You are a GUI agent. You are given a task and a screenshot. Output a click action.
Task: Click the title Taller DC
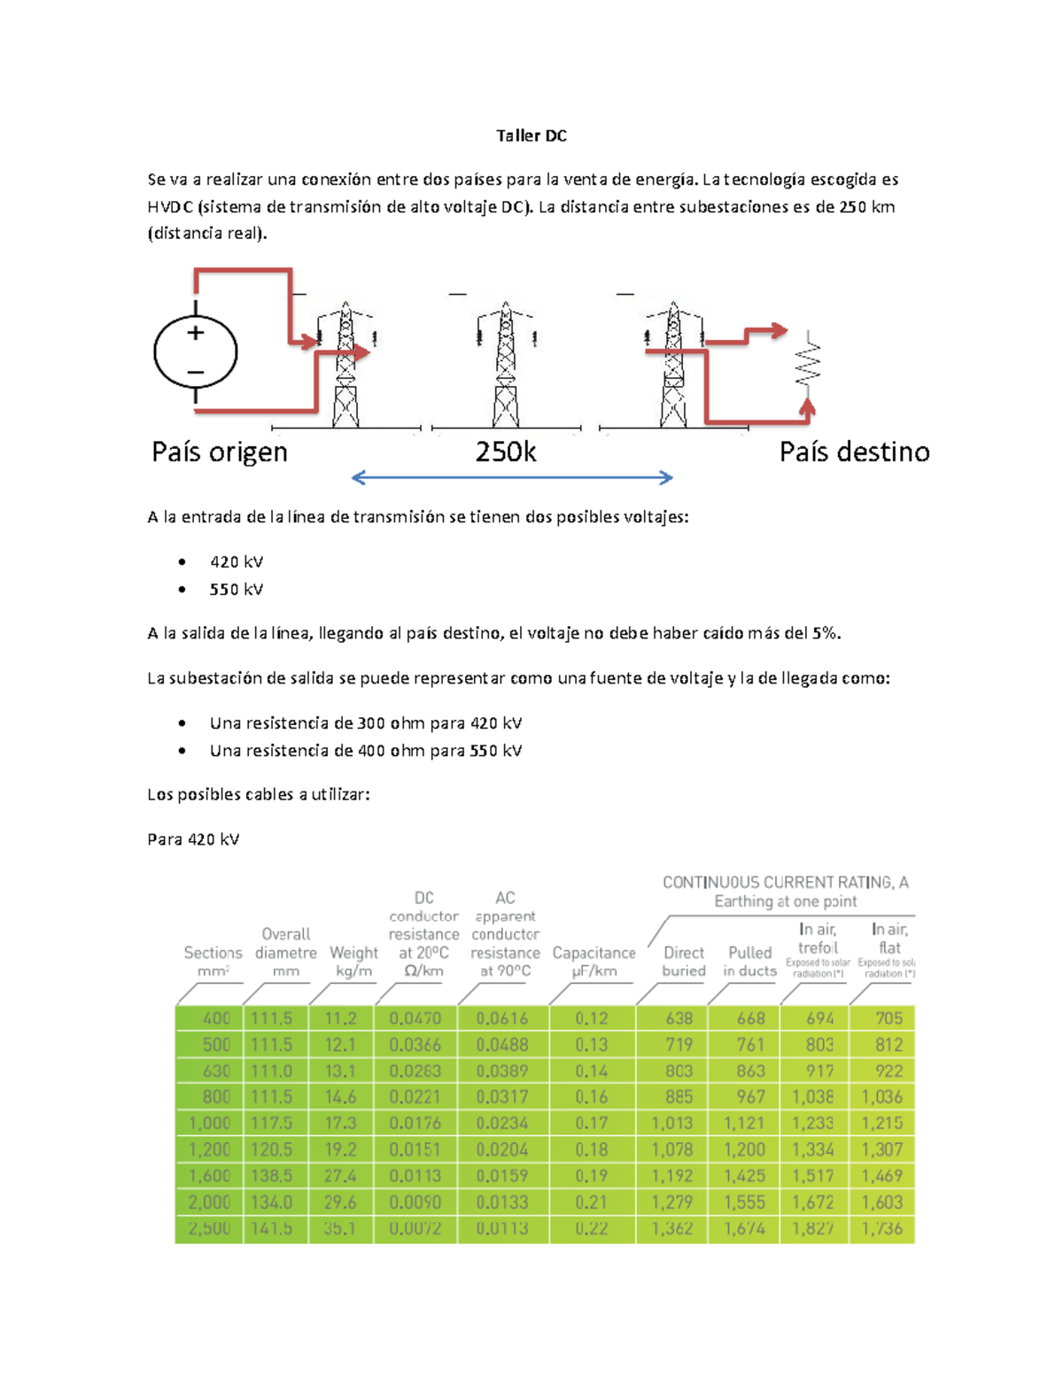(531, 135)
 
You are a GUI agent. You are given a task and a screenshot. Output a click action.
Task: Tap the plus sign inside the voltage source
(196, 333)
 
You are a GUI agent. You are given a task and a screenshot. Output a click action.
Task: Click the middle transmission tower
(506, 365)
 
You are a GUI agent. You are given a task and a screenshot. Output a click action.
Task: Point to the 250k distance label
(506, 452)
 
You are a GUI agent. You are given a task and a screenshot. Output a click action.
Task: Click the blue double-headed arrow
(512, 478)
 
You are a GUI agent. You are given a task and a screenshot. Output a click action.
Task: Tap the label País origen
(220, 452)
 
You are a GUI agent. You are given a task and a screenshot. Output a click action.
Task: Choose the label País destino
(854, 452)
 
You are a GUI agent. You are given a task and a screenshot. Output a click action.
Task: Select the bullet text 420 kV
(236, 562)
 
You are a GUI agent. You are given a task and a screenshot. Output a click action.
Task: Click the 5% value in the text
(824, 633)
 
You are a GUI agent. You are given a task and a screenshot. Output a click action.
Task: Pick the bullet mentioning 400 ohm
(365, 751)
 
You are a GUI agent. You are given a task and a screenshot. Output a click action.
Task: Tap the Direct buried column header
(684, 962)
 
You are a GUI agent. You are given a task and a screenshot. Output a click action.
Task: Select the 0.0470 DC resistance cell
(415, 1018)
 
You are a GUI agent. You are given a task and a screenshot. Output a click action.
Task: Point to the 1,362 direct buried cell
(672, 1228)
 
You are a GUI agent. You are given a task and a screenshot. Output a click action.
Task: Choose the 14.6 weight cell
(340, 1097)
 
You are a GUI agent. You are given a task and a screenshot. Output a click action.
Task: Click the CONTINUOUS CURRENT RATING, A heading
(785, 883)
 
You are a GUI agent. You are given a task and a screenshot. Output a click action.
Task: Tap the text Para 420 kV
(193, 839)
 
